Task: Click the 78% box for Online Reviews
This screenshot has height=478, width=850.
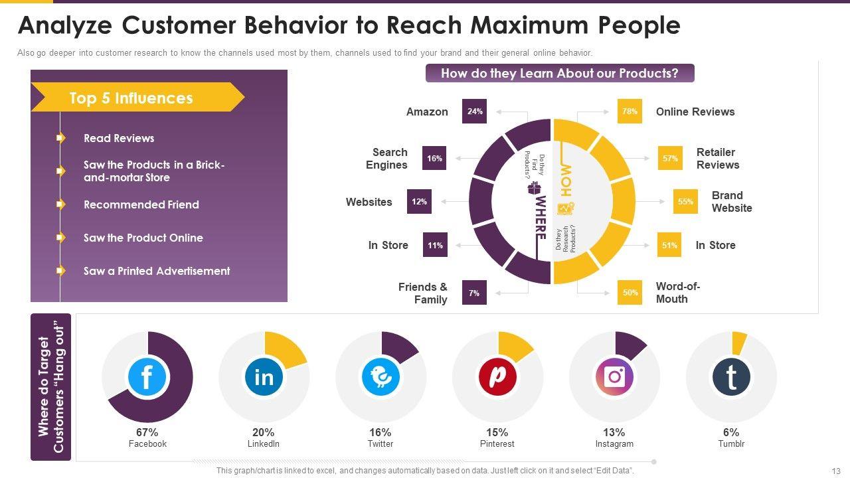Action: [630, 112]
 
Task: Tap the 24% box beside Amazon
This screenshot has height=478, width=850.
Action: [474, 112]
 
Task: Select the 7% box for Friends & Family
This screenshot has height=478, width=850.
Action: [474, 293]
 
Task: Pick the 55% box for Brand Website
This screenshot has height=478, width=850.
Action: [685, 202]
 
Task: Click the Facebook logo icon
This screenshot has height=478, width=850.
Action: [147, 377]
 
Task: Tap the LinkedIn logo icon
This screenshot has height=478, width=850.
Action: [264, 377]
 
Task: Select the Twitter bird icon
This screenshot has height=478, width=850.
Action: [381, 377]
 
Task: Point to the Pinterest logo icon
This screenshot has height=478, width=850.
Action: [497, 377]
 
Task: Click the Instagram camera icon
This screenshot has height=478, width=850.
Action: [614, 377]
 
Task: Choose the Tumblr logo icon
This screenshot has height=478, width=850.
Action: [731, 377]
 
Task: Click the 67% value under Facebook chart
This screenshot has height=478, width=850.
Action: [147, 432]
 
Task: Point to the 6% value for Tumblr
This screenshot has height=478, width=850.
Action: [731, 432]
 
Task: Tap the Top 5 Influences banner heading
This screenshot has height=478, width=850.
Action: [131, 98]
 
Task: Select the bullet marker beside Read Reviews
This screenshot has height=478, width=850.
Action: [61, 138]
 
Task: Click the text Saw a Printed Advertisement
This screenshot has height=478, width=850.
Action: [157, 271]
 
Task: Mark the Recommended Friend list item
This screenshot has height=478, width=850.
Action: [141, 204]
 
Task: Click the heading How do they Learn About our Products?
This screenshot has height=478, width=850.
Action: [559, 73]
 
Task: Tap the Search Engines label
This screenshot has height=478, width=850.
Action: [387, 159]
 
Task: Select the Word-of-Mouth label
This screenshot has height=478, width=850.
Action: [677, 293]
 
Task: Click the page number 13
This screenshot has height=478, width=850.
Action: [835, 471]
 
